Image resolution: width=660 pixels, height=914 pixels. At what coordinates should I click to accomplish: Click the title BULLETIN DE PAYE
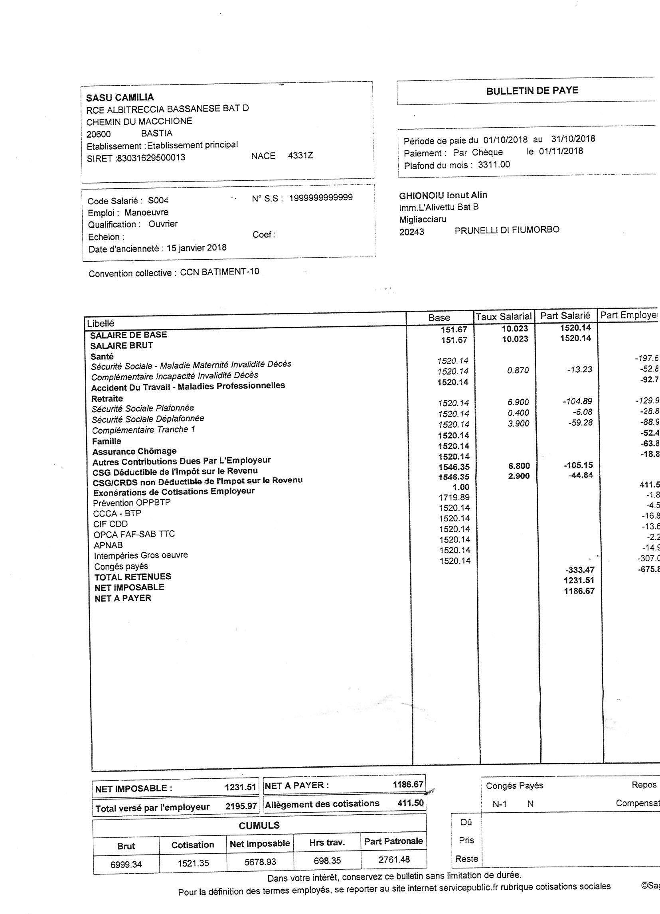pos(532,91)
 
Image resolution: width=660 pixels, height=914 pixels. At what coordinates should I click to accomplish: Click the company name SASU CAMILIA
pos(120,97)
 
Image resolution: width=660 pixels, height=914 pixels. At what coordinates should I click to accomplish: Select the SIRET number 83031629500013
pos(150,158)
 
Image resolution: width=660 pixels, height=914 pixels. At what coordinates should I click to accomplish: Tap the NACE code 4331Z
pos(300,156)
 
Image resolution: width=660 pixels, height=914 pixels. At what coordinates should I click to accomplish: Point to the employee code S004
pos(158,200)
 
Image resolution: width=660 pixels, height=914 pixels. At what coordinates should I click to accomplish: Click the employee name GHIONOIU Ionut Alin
pos(443,195)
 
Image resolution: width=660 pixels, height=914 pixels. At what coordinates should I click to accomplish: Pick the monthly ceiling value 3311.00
pos(494,164)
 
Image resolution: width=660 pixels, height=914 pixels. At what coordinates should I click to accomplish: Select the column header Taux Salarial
pos(504,316)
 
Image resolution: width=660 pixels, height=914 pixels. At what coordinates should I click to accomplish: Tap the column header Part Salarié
pos(565,316)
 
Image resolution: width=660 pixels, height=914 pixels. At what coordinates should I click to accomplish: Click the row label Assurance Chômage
pos(134,451)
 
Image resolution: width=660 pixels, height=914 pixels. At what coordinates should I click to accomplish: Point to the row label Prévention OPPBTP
pos(132,503)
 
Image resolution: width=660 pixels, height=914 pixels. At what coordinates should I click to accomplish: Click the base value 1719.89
pos(454,497)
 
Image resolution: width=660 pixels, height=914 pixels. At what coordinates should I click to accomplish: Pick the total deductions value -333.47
pos(579,570)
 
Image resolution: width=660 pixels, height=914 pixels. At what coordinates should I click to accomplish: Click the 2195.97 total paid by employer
pos(241,806)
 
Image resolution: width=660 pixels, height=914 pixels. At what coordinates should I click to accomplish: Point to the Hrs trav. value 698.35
pos(327,861)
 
